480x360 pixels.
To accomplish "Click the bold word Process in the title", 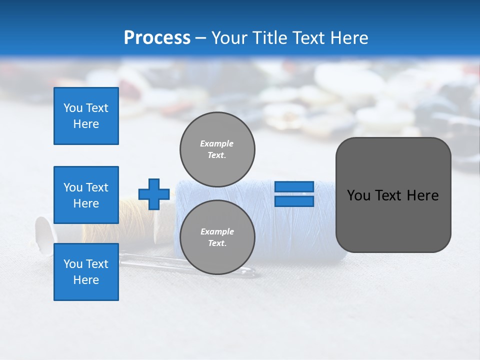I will click(x=157, y=38).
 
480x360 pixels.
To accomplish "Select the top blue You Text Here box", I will click(x=86, y=116).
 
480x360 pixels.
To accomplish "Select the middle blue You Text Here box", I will click(x=86, y=195).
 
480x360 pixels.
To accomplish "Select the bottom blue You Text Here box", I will click(x=86, y=271).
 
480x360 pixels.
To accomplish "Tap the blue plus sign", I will click(x=154, y=194).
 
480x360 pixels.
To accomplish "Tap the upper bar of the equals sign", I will click(x=294, y=186).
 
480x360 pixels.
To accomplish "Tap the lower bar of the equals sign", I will click(x=294, y=201).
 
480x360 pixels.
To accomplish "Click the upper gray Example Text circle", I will click(x=217, y=149).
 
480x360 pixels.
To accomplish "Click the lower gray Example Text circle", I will click(x=217, y=237).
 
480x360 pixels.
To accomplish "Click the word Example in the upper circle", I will click(x=216, y=143).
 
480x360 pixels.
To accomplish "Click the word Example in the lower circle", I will click(x=216, y=231).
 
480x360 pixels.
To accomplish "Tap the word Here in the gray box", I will click(x=423, y=195).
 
